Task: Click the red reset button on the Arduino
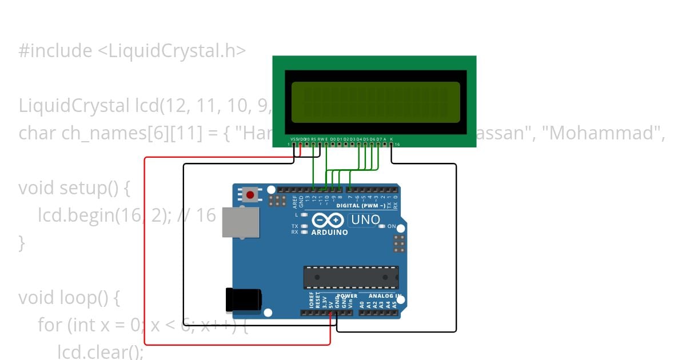coord(250,195)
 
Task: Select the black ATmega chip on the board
coord(350,277)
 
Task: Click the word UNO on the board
coord(365,220)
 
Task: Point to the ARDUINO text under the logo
coord(330,233)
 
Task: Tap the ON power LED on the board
coord(381,226)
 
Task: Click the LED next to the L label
coord(305,215)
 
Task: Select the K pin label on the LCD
coord(392,139)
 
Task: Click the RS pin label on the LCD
coord(313,139)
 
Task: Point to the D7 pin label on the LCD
coord(379,139)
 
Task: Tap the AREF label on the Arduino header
coord(295,201)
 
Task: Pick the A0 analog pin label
coord(362,305)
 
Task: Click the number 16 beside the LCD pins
coord(397,145)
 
